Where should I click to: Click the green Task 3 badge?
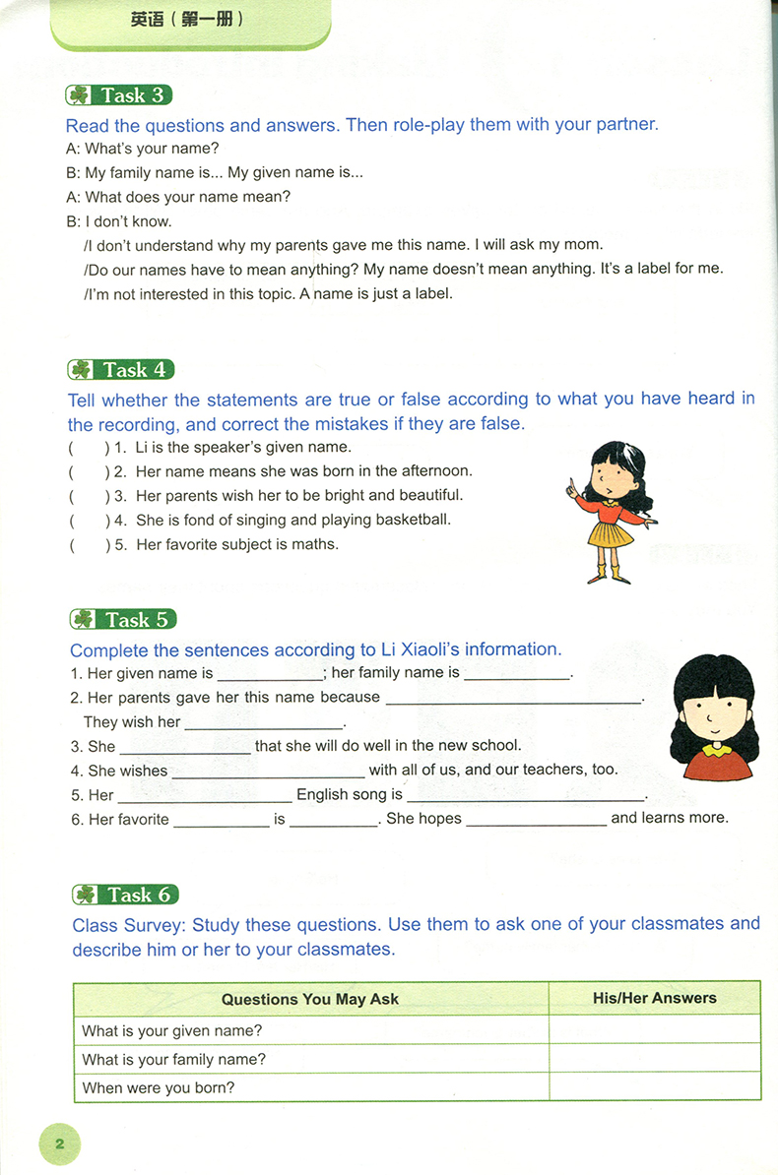point(118,95)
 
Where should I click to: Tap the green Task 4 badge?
point(121,370)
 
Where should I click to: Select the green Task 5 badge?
point(124,620)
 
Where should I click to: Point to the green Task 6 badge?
point(125,895)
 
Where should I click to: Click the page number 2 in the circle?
point(59,1144)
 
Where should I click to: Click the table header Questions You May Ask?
point(310,999)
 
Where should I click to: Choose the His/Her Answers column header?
point(655,998)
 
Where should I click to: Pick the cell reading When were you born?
point(159,1087)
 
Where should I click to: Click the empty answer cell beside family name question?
point(655,1059)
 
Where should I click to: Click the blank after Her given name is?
point(269,675)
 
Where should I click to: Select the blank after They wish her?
point(264,723)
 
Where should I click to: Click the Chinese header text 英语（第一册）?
point(186,19)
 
